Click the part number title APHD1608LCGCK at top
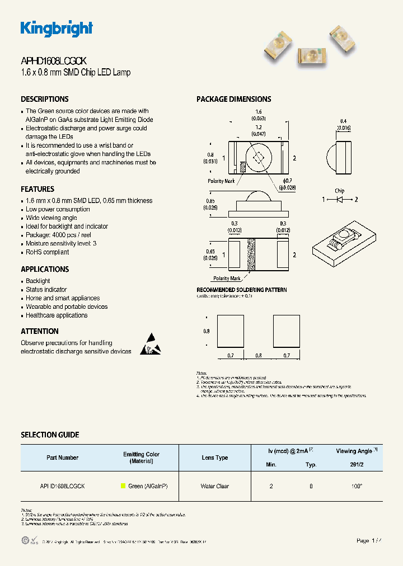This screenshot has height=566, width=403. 53,62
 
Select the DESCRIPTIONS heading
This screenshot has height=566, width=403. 45,99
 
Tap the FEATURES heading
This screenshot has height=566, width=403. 38,189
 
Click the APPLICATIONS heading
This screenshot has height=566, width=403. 45,269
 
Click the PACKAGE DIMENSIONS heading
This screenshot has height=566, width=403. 233,99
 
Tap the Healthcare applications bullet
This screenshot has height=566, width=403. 57,315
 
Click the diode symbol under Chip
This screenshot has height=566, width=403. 340,199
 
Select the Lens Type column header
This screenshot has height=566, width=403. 214,457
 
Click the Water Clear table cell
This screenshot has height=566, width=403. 214,487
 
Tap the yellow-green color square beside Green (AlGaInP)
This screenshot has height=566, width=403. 123,487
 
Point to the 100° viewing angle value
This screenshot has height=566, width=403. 357,487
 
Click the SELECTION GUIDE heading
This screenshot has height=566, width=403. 50,435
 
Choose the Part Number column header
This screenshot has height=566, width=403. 63,457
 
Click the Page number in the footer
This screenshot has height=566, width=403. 370,541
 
